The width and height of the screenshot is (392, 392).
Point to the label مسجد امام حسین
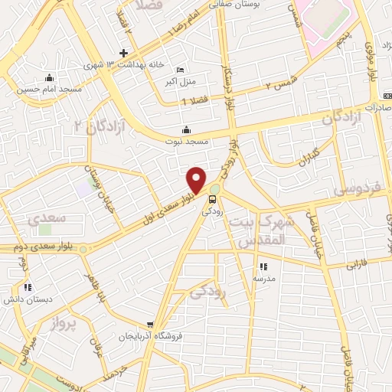point(49,89)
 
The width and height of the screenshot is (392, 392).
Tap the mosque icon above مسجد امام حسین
point(49,77)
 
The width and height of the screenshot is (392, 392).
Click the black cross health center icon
point(123,53)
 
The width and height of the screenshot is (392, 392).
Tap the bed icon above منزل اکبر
point(180,68)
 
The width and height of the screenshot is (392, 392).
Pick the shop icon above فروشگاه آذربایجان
point(151,325)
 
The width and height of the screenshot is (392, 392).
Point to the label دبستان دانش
point(28,299)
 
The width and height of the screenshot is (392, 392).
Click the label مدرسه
point(264,279)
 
